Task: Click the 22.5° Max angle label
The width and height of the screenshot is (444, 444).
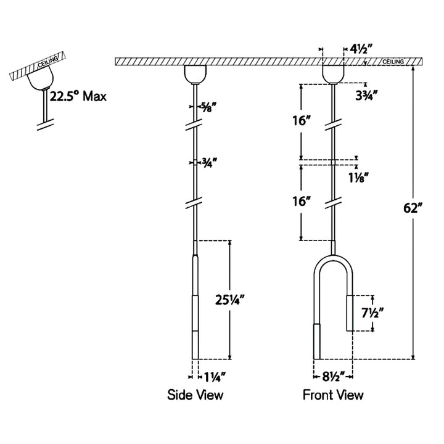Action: click(x=78, y=96)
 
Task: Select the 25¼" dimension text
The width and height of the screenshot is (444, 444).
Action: click(x=229, y=300)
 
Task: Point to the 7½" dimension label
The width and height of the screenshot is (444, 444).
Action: click(x=372, y=313)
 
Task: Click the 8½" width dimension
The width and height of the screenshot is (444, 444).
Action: click(x=333, y=377)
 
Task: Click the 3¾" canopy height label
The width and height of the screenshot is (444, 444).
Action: click(x=367, y=96)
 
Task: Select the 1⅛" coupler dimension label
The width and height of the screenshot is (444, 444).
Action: click(x=358, y=178)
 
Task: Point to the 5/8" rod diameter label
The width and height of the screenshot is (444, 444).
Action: click(x=208, y=107)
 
